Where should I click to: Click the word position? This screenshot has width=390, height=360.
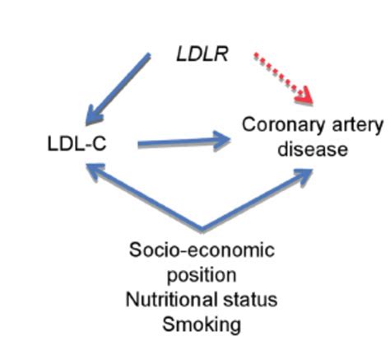point(202,274)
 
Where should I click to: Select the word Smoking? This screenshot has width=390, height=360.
point(202,323)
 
